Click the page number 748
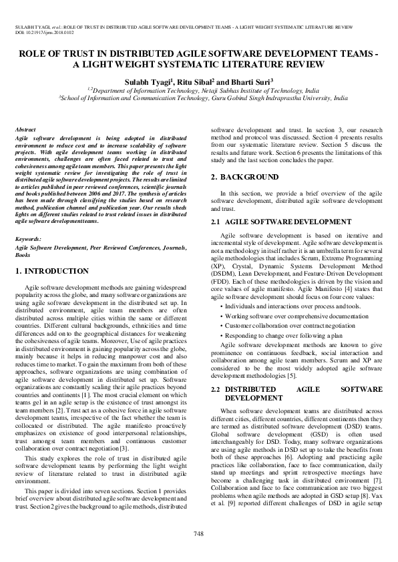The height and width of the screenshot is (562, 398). click(x=198, y=533)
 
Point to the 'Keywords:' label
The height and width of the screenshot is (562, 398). click(x=28, y=239)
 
